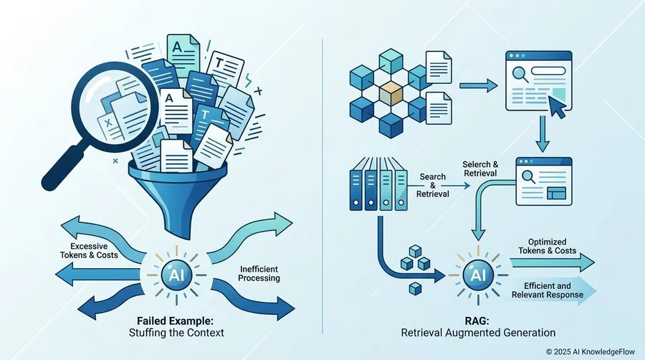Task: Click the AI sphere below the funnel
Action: [176, 275]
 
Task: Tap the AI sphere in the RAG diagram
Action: [478, 275]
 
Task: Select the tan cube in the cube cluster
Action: [391, 94]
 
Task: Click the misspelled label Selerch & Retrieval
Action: [480, 169]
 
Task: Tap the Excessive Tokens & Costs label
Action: [89, 250]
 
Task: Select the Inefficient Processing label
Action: [259, 274]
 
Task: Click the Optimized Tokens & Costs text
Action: [547, 246]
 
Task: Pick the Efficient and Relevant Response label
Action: [548, 290]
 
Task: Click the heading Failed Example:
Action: [176, 321]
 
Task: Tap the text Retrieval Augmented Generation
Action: [478, 333]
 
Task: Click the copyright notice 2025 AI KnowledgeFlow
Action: [591, 352]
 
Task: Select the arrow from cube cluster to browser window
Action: [479, 86]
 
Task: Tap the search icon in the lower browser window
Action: [528, 176]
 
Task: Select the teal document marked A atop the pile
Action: [183, 54]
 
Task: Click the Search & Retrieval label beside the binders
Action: [432, 185]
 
